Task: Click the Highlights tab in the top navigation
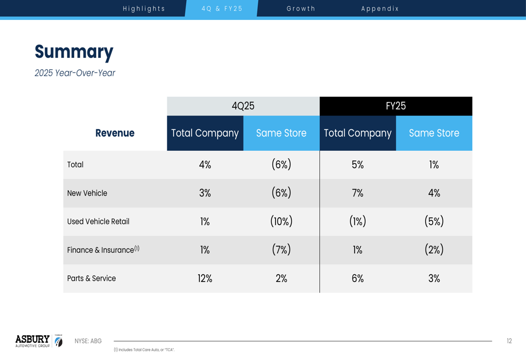(x=144, y=8)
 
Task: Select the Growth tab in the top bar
(x=301, y=8)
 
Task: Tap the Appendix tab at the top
(x=380, y=8)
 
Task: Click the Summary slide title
(x=74, y=52)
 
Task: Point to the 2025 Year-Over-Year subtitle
(x=75, y=73)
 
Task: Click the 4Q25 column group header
(x=243, y=106)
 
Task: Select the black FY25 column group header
(x=396, y=106)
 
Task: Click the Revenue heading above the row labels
(x=115, y=133)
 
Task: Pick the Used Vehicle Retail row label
(x=98, y=221)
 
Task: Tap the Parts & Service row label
(x=91, y=278)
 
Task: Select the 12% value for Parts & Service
(x=205, y=279)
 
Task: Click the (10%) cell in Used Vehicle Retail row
(x=281, y=221)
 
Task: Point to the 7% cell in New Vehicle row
(x=358, y=193)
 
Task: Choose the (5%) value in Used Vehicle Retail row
(x=434, y=221)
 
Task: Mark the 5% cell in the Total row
(x=358, y=164)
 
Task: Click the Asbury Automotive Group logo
(x=38, y=341)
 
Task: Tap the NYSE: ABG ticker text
(x=88, y=341)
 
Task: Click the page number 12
(x=509, y=341)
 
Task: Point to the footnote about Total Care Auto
(x=144, y=349)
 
